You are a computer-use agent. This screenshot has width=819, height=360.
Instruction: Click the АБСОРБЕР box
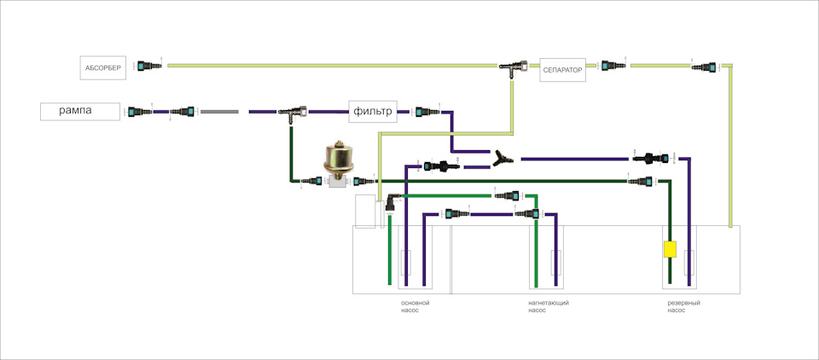(104, 67)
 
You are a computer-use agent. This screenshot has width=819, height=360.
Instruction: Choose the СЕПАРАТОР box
(563, 71)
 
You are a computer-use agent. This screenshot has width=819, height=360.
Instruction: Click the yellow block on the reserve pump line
(670, 250)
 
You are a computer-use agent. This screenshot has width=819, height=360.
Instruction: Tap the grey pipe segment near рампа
(219, 111)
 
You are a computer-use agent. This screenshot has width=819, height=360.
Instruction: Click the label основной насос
(415, 306)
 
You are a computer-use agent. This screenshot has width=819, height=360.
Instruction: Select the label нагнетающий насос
(549, 306)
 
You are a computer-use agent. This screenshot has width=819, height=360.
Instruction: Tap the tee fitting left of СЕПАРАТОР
(512, 66)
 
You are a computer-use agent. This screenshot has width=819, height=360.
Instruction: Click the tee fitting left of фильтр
(296, 112)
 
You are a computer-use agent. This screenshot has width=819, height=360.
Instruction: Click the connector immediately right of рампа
(136, 111)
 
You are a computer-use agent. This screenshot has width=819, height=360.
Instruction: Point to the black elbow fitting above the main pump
(390, 202)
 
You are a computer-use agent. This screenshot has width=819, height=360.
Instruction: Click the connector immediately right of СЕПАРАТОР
(608, 65)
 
